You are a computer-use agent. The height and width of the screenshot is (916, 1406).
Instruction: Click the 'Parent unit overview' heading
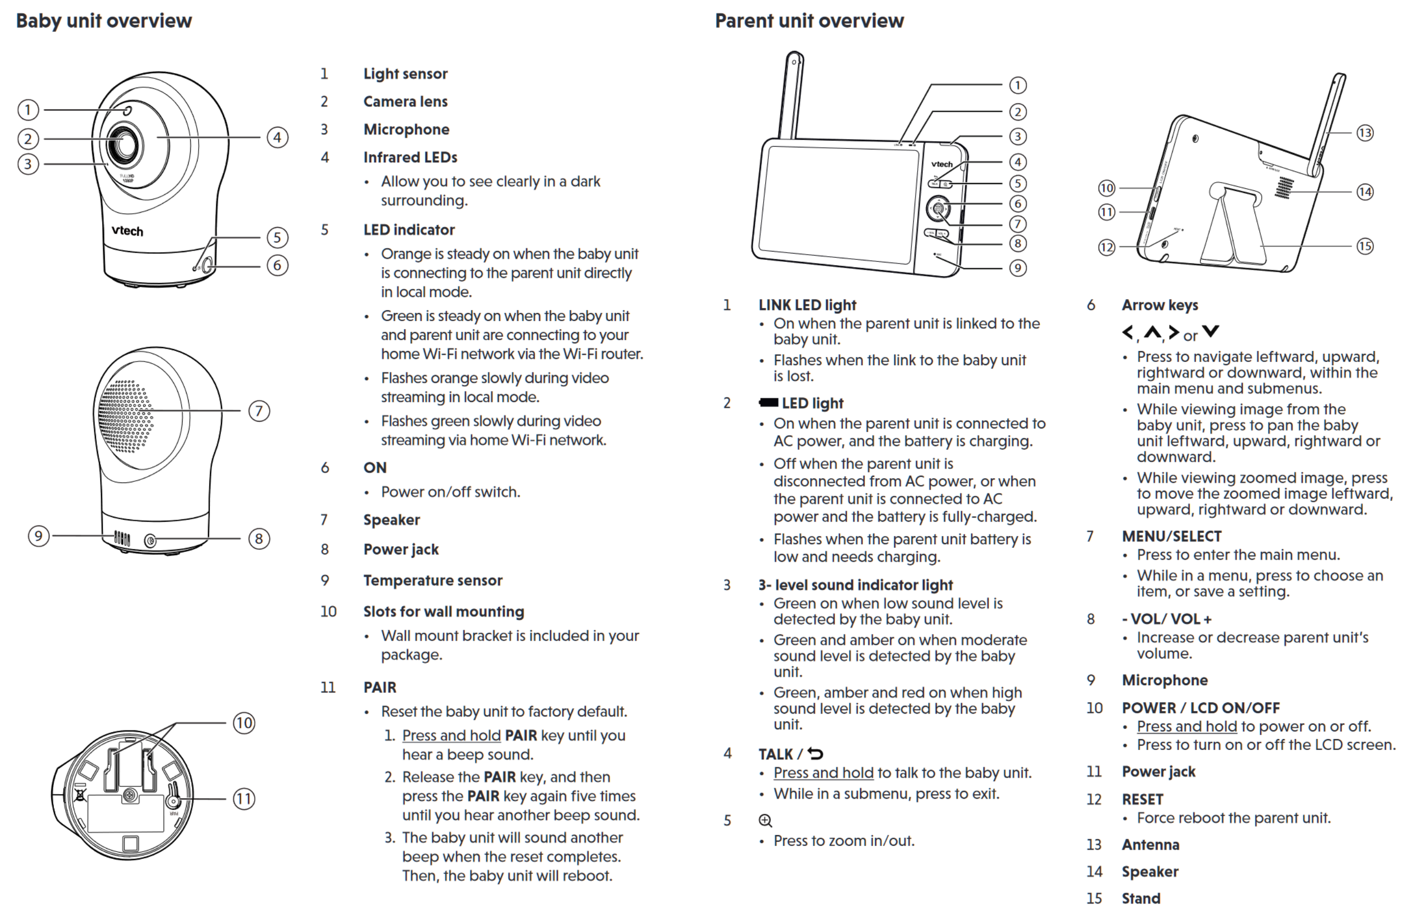click(809, 21)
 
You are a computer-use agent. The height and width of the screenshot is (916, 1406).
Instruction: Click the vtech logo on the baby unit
click(127, 230)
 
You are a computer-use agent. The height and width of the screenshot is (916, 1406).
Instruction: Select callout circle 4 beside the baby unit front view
click(277, 137)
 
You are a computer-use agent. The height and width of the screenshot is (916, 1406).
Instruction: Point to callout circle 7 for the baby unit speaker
click(259, 410)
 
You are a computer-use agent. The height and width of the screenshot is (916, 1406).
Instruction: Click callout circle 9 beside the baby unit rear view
click(39, 536)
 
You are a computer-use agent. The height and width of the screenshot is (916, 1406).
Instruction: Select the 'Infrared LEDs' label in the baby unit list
click(410, 157)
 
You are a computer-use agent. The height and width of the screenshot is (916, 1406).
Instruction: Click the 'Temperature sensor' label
click(432, 580)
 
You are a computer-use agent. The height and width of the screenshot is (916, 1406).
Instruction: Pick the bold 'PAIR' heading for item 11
click(379, 687)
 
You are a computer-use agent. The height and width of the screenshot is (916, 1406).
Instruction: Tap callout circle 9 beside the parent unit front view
click(1017, 268)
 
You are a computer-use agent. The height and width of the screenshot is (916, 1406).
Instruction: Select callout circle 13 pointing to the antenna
click(1365, 133)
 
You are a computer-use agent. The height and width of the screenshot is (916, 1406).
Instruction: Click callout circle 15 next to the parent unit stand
click(1365, 246)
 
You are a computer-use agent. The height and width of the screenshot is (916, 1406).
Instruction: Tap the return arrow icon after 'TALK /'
click(816, 754)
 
